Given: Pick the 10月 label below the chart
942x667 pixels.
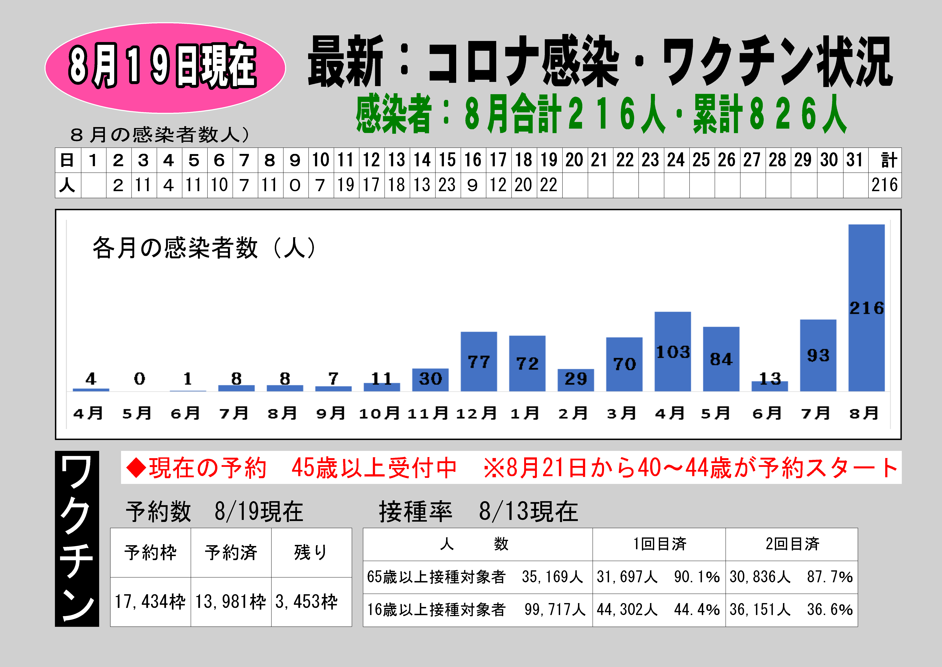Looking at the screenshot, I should tap(380, 413).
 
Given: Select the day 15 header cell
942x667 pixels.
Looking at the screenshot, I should tap(448, 160).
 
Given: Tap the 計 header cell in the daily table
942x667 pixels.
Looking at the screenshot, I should tap(885, 160).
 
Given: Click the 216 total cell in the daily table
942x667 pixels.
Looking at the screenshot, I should tap(885, 185).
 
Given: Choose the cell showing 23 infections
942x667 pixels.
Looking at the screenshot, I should tap(448, 185).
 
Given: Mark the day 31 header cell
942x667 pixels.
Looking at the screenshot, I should tap(855, 160).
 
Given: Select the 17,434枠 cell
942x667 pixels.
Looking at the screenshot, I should tap(150, 602).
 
